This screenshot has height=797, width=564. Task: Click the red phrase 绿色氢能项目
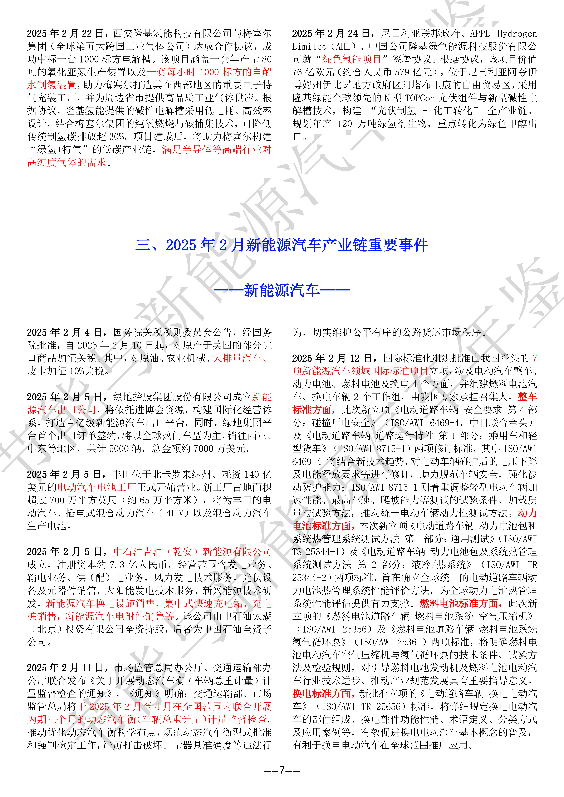pyautogui.click(x=352, y=59)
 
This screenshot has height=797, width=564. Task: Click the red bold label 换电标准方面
pyautogui.click(x=323, y=694)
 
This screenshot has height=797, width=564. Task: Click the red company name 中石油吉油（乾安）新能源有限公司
pyautogui.click(x=192, y=552)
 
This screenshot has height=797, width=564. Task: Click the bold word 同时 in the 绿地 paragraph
pyautogui.click(x=203, y=423)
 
